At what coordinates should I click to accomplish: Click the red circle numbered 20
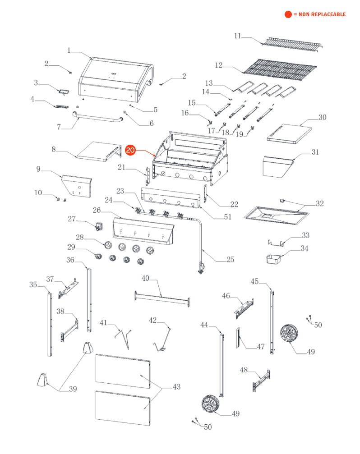(130, 151)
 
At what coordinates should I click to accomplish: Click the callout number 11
(238, 36)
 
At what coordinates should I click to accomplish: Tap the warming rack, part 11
(293, 43)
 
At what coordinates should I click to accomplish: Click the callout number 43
(176, 387)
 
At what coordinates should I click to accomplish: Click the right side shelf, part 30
(289, 133)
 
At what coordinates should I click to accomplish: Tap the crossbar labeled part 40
(162, 298)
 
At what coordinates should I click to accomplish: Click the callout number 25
(231, 259)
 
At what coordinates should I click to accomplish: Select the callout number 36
(70, 260)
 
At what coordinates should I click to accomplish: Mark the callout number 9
(38, 169)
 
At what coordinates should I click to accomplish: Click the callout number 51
(227, 217)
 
